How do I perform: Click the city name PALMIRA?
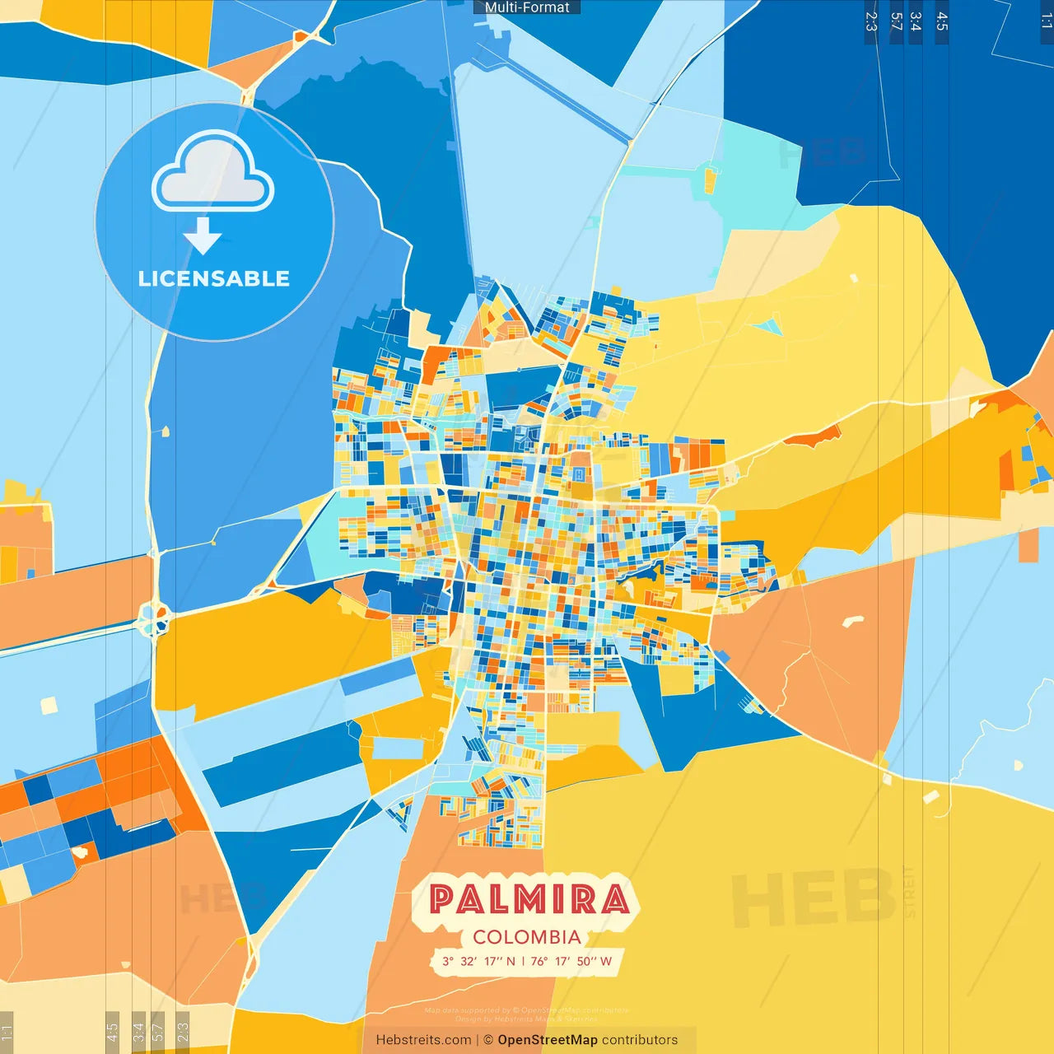click(x=529, y=899)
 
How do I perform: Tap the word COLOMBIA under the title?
click(x=527, y=937)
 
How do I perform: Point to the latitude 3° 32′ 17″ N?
click(x=478, y=961)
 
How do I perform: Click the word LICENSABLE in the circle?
click(x=214, y=278)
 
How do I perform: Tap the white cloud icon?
click(x=213, y=172)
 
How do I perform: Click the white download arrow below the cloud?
click(x=203, y=236)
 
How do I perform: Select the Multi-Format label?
click(x=527, y=7)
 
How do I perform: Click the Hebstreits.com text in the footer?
click(x=423, y=1040)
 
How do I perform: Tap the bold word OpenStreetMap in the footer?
click(x=548, y=1040)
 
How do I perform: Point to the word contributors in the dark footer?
click(x=640, y=1040)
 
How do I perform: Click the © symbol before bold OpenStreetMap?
click(x=488, y=1040)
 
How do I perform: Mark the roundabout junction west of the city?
click(x=154, y=618)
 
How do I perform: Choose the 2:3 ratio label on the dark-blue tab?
click(x=871, y=21)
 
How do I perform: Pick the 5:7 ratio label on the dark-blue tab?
click(x=897, y=21)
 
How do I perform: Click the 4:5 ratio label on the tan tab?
click(x=112, y=1031)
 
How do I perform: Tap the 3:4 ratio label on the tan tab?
click(x=138, y=1031)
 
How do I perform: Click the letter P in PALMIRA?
click(x=444, y=899)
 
